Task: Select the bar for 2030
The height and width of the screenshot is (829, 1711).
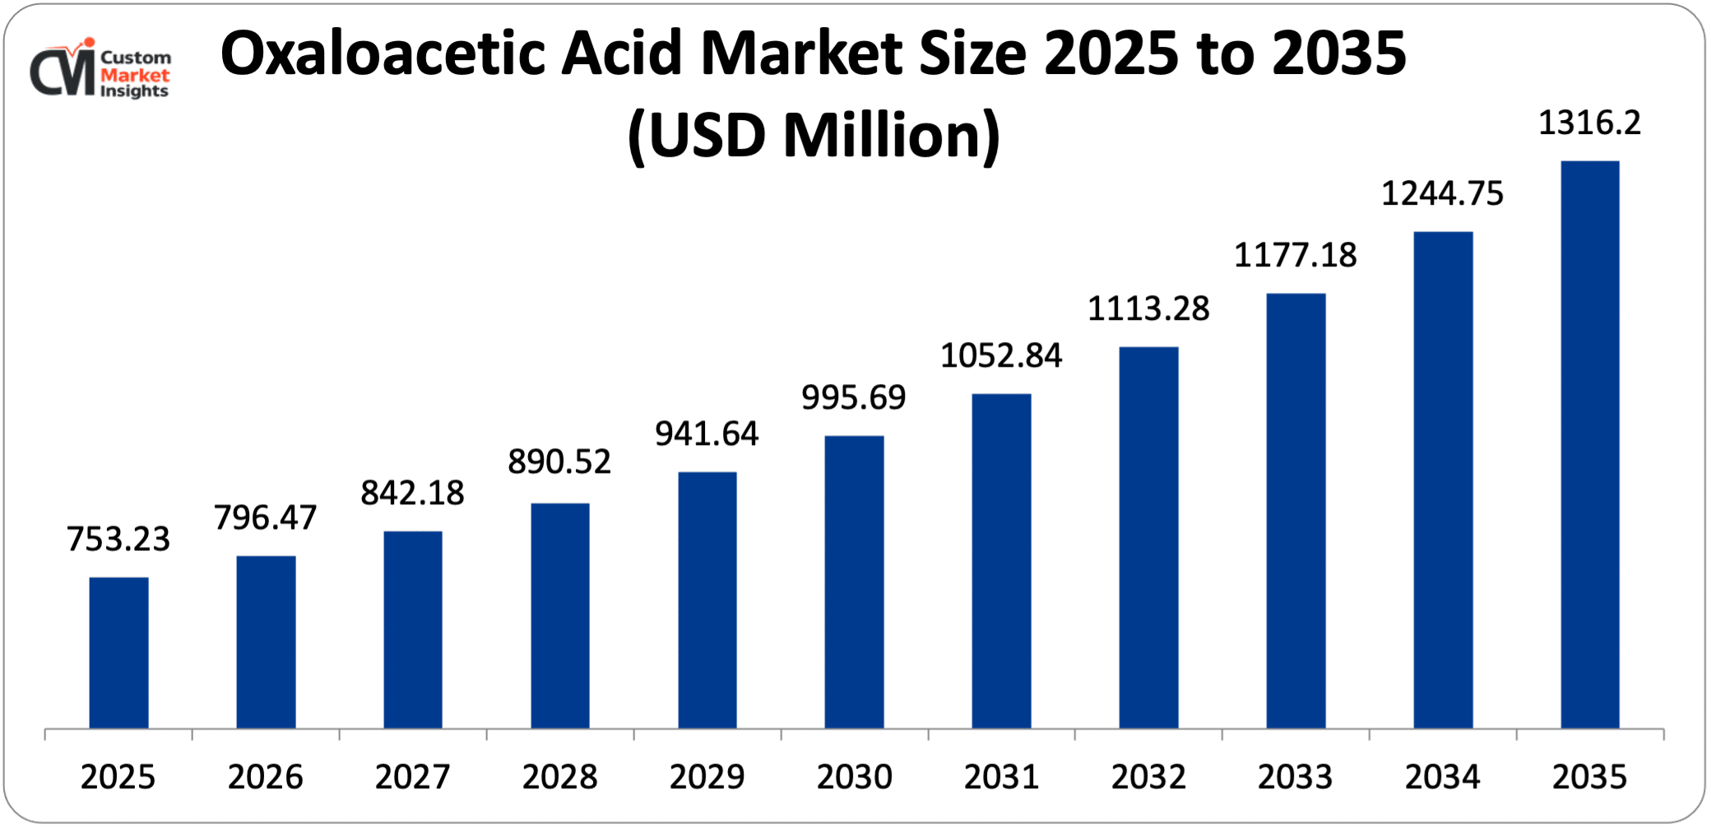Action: (x=854, y=581)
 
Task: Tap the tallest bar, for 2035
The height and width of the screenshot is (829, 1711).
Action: (x=1589, y=444)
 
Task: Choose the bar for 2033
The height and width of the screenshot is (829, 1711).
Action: (x=1296, y=510)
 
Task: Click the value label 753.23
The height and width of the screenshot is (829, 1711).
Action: (x=118, y=540)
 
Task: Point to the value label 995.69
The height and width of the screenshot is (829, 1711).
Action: (x=854, y=398)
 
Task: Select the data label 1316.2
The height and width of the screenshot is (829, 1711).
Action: (x=1589, y=123)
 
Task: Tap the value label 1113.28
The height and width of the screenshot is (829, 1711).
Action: (x=1148, y=309)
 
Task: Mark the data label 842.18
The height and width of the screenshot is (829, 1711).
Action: (x=413, y=493)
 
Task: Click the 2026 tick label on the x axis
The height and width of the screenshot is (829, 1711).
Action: (x=266, y=777)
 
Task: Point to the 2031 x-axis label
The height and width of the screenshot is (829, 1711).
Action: (x=1001, y=777)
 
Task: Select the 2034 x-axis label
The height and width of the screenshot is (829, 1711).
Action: (x=1442, y=777)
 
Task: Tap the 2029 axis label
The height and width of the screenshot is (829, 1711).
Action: (x=707, y=777)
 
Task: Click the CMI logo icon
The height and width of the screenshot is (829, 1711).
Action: (x=63, y=69)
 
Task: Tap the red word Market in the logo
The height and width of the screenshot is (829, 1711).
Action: (x=135, y=75)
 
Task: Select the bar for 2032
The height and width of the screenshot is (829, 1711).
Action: (x=1148, y=537)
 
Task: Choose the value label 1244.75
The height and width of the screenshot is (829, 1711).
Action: (x=1442, y=194)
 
